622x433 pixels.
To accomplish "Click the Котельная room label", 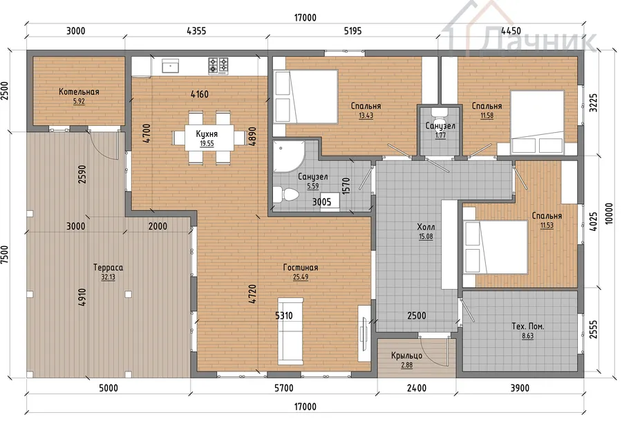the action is tap(79, 92).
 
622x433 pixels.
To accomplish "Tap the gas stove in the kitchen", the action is tap(218, 66).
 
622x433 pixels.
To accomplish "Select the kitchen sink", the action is tap(170, 66).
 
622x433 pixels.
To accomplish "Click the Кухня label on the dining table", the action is tap(207, 133).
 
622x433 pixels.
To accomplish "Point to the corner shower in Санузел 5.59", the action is tap(288, 157).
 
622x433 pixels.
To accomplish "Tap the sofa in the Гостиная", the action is tap(290, 331).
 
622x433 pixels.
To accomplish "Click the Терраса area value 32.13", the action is tap(108, 277).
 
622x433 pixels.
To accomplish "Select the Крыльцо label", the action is tap(406, 356).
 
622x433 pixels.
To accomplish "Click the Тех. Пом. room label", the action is tap(527, 326).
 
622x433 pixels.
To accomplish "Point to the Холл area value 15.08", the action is tap(426, 237).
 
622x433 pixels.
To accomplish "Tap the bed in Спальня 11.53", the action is tap(496, 247).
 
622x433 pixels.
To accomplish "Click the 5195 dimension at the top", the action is tap(352, 31).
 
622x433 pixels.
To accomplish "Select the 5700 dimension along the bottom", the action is tap(284, 388).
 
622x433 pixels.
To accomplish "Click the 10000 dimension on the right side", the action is tap(609, 214).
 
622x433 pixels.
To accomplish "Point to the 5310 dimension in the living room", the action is tap(284, 316).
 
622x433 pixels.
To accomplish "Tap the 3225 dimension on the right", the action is tap(593, 103).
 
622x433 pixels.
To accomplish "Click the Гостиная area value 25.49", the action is tap(301, 277).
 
